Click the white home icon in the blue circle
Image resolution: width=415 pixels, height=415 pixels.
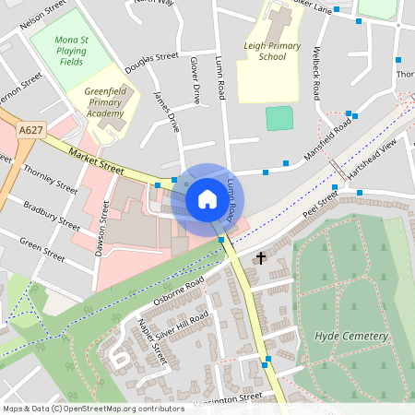click(x=207, y=198)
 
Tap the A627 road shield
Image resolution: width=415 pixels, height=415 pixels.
click(x=30, y=132)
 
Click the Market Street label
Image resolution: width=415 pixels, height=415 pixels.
click(x=96, y=163)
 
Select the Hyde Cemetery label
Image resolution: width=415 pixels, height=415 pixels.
click(x=351, y=336)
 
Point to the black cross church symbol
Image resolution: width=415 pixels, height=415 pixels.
click(x=261, y=257)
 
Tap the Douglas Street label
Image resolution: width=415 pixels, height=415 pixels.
click(x=151, y=61)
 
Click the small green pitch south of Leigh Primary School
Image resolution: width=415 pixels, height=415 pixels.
click(x=277, y=117)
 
